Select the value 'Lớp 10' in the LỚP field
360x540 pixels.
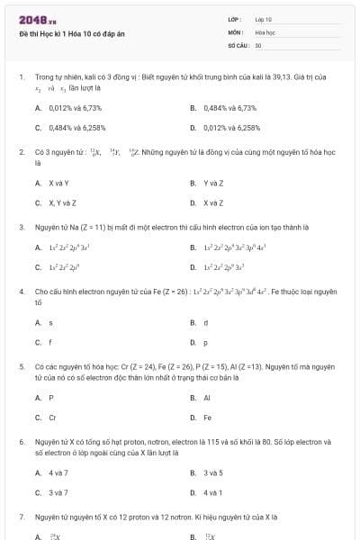click(x=264, y=19)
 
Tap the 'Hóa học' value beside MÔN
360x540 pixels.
click(x=265, y=31)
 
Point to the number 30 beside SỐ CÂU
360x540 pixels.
click(x=258, y=45)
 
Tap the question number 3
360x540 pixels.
click(x=21, y=228)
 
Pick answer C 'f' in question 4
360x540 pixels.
click(x=50, y=342)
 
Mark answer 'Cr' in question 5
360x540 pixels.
click(x=52, y=417)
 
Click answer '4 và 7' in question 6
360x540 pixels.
click(x=58, y=472)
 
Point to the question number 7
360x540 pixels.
click(x=21, y=517)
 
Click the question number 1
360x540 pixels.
click(x=21, y=77)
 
